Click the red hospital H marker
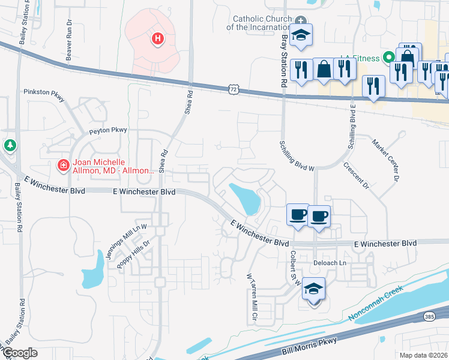157,39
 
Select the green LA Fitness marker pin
388,58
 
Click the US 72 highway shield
233,89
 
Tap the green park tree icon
10,145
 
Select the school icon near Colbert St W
314,289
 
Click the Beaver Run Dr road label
69,44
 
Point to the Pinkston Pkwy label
43,92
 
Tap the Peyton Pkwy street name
108,130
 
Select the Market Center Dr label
385,161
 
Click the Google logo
20,353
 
